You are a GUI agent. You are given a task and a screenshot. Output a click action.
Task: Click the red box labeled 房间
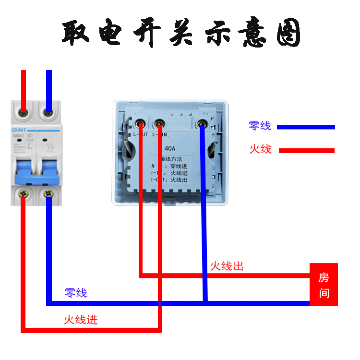click(x=324, y=285)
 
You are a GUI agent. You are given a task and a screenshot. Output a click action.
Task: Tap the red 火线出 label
click(x=227, y=265)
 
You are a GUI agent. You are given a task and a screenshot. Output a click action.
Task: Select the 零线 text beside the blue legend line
click(x=260, y=126)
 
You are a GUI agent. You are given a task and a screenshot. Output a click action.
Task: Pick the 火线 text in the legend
click(x=260, y=149)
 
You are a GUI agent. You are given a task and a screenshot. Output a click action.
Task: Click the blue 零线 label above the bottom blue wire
click(x=76, y=292)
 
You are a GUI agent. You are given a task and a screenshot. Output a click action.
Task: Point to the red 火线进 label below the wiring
click(x=81, y=319)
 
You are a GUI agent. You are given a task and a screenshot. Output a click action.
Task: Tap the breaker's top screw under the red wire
click(x=23, y=113)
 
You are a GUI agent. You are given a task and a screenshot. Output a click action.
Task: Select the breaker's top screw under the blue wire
click(x=48, y=113)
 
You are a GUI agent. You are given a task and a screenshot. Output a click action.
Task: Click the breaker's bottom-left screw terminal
click(x=23, y=194)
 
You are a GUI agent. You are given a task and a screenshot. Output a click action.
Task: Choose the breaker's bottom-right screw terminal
click(x=48, y=194)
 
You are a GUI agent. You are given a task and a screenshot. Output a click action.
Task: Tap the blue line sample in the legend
click(x=305, y=127)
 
